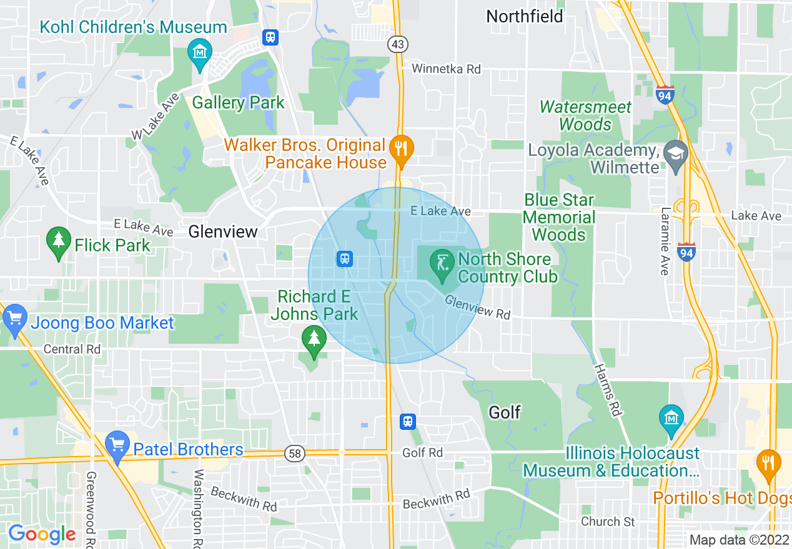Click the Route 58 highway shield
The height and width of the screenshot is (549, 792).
pyautogui.click(x=294, y=454)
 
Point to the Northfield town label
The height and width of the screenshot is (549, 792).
pyautogui.click(x=525, y=16)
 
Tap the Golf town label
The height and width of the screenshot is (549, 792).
pyautogui.click(x=505, y=412)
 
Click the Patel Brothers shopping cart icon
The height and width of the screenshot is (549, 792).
pyautogui.click(x=117, y=446)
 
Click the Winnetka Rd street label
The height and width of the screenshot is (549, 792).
pyautogui.click(x=446, y=69)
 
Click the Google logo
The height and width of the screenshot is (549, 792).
pyautogui.click(x=42, y=534)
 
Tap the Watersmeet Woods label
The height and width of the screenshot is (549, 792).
pyautogui.click(x=585, y=115)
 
